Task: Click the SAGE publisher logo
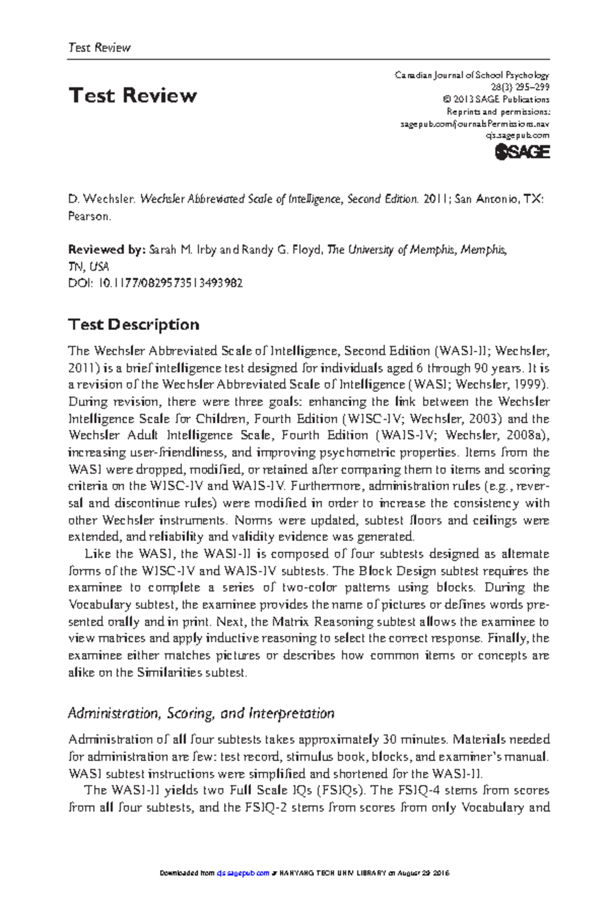tap(522, 152)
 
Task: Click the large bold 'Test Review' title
tap(132, 95)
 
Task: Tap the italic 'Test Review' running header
tap(99, 48)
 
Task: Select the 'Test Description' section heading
tap(133, 325)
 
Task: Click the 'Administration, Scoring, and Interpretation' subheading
tap(201, 713)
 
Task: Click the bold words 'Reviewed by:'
tap(107, 250)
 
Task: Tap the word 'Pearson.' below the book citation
tap(89, 216)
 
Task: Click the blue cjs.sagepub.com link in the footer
tap(243, 873)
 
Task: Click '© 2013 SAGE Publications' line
tap(495, 99)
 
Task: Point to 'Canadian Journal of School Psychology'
tap(471, 75)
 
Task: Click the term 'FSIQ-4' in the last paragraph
tap(416, 790)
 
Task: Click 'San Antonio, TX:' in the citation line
tap(499, 199)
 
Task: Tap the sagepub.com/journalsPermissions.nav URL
tap(475, 124)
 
